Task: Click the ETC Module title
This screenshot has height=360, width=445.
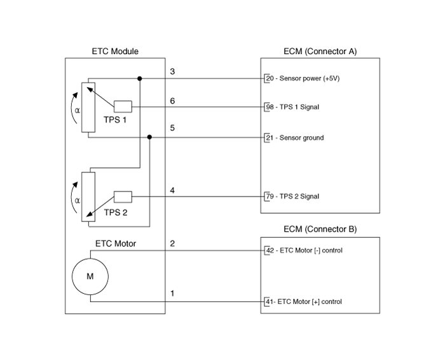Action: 115,52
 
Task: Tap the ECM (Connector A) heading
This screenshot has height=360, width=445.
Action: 320,52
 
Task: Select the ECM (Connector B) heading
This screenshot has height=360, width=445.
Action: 320,230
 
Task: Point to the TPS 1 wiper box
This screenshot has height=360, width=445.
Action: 123,106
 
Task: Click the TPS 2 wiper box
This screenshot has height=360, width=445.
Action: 123,197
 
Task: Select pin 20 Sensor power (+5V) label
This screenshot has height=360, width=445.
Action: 303,78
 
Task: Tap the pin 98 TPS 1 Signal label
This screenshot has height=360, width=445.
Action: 292,107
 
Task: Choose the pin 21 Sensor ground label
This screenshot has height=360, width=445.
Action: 295,137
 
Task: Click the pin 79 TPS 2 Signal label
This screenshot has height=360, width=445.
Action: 292,197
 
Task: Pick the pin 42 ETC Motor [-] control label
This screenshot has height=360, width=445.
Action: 305,251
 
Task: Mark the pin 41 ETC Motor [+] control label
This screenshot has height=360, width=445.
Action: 304,301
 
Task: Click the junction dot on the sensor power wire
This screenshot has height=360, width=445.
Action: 140,78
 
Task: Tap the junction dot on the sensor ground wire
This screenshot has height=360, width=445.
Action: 149,137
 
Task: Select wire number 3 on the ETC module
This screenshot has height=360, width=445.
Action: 172,71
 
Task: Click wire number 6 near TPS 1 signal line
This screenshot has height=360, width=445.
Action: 172,100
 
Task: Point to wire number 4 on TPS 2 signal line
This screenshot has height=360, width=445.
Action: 172,190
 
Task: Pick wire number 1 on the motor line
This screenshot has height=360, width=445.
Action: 172,293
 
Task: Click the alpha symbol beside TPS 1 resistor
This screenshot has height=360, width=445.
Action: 77,110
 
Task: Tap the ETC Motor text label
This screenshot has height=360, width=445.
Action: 116,244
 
